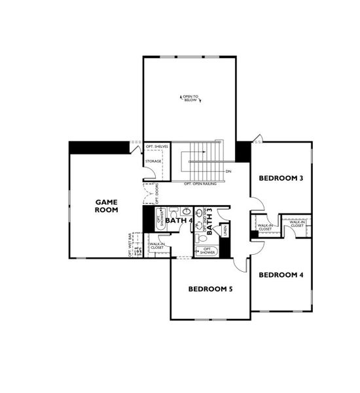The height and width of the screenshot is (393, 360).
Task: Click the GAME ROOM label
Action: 107,206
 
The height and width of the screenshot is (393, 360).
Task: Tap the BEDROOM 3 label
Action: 281,178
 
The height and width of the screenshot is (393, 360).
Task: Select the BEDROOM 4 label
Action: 281,274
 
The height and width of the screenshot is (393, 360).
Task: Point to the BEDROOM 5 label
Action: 211,289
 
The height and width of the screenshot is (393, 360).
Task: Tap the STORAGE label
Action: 154,161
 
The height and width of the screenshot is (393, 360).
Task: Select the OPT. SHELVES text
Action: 157,146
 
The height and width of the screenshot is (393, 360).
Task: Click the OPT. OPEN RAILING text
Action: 200,183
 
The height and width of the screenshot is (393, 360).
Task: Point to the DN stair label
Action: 228,172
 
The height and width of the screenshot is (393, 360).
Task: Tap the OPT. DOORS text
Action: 157,194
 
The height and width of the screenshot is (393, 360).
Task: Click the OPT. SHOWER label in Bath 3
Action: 208,250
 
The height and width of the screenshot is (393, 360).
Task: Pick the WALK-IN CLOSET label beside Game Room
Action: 157,246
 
